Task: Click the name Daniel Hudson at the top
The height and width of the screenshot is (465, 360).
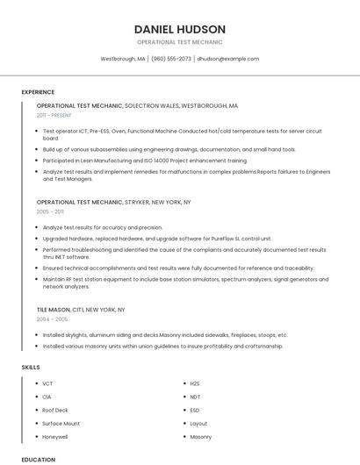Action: point(180,29)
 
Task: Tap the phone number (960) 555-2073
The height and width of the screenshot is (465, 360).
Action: point(170,59)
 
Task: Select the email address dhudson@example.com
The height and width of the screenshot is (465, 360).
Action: point(228,59)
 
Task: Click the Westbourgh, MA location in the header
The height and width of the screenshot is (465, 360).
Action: point(123,59)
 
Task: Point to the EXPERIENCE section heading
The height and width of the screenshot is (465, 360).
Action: point(38,92)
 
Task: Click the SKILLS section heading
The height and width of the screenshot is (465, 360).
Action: point(31,367)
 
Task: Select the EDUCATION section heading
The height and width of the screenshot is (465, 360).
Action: point(39,459)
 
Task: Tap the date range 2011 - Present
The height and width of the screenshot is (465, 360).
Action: point(54,115)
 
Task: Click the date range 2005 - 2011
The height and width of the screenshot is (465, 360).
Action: point(50,211)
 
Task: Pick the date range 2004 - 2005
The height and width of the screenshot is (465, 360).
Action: point(51,319)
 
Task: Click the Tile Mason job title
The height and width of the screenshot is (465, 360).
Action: point(54,310)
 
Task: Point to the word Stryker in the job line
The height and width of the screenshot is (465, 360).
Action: point(137,202)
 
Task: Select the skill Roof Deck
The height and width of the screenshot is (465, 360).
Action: point(55,410)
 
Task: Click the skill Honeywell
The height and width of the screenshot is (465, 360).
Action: point(55,436)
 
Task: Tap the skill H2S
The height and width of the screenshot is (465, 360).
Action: point(195,383)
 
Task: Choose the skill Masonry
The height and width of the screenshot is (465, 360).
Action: point(200,436)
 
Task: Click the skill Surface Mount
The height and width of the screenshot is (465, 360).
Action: point(61,423)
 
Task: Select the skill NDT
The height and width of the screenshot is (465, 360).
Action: point(195,397)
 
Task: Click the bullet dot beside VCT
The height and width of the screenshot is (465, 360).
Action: point(34,383)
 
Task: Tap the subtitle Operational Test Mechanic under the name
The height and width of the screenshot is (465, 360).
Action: point(180,42)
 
